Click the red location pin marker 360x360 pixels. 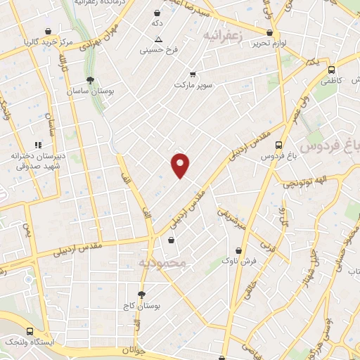pyautogui.click(x=181, y=164)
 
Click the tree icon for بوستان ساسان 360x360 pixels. pyautogui.click(x=90, y=80)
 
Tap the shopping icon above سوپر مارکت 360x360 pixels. pyautogui.click(x=193, y=73)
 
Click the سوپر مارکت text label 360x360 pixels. pyautogui.click(x=194, y=84)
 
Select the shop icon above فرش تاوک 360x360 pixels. pyautogui.click(x=239, y=250)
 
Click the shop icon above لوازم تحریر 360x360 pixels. pyautogui.click(x=270, y=32)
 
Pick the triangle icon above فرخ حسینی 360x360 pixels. pyautogui.click(x=158, y=39)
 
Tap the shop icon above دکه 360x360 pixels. pyautogui.click(x=156, y=12)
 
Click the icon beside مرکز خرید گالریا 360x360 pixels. pyautogui.click(x=48, y=32)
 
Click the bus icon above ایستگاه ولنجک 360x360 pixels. pyautogui.click(x=30, y=331)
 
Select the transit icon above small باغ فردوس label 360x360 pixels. pyautogui.click(x=280, y=145)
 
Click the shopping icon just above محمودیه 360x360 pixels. pyautogui.click(x=171, y=240)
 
